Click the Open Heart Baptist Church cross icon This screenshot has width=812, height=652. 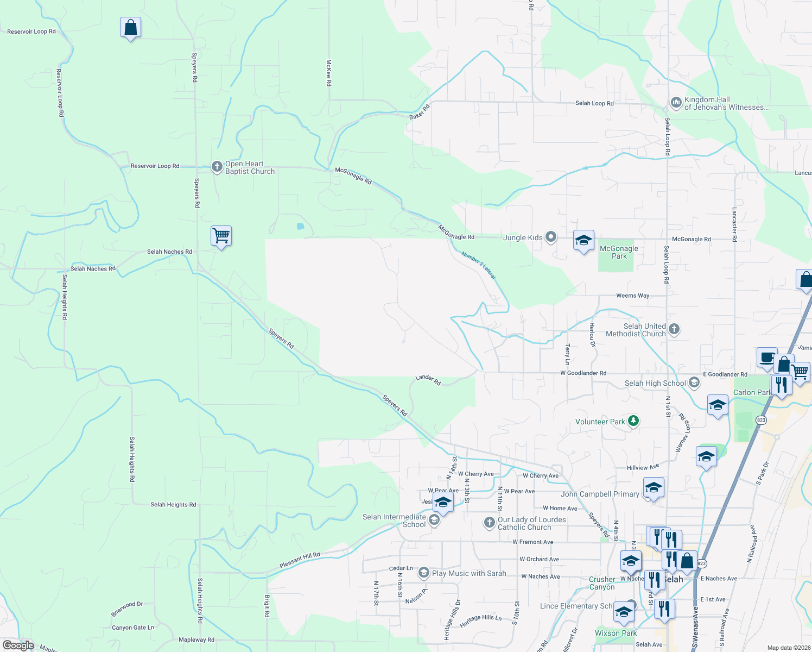217,167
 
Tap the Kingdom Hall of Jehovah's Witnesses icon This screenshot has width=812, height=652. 676,102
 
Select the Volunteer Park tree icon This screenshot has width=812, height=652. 633,421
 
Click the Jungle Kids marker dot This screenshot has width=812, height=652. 551,237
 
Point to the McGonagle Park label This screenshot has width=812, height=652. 619,252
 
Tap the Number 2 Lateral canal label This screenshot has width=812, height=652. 479,265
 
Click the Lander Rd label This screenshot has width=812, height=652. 428,380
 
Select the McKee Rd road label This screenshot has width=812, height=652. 329,73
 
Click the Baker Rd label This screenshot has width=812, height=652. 420,112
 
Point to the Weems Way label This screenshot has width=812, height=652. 632,296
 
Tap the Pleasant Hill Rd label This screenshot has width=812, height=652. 300,560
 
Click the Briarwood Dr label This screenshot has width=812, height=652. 127,609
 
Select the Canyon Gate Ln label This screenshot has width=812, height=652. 133,628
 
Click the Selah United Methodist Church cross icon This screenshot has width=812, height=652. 674,329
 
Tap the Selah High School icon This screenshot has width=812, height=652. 694,383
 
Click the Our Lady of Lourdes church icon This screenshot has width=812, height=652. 489,523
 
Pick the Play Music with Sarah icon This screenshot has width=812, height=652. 423,573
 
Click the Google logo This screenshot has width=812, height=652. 18,645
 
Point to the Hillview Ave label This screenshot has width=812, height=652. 643,467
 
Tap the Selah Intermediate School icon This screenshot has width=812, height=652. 434,521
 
